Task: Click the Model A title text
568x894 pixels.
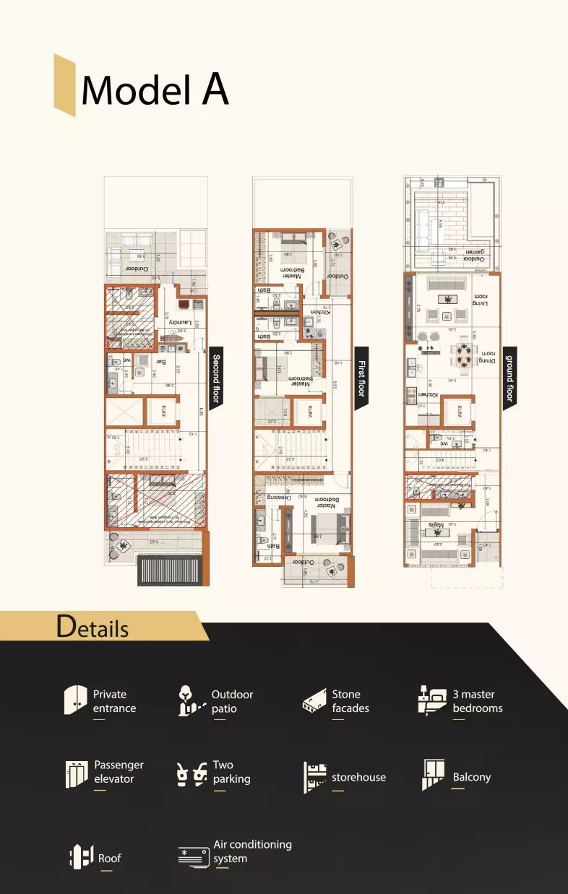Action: pyautogui.click(x=155, y=90)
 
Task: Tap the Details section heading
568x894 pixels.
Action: pyautogui.click(x=92, y=627)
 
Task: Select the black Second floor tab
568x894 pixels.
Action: pyautogui.click(x=215, y=378)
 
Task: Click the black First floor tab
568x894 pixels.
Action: pyautogui.click(x=361, y=378)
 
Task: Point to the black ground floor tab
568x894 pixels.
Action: pyautogui.click(x=509, y=378)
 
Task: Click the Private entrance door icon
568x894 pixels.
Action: pyautogui.click(x=75, y=700)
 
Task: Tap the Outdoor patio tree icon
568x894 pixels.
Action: pyautogui.click(x=189, y=700)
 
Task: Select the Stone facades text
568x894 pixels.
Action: pyautogui.click(x=350, y=701)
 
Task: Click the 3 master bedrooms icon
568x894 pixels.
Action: pyautogui.click(x=432, y=700)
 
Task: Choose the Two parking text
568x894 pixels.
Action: pyautogui.click(x=231, y=772)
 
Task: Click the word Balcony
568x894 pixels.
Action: pyautogui.click(x=471, y=777)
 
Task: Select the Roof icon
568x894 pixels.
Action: pyautogui.click(x=81, y=857)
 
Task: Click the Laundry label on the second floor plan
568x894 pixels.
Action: pyautogui.click(x=179, y=321)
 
